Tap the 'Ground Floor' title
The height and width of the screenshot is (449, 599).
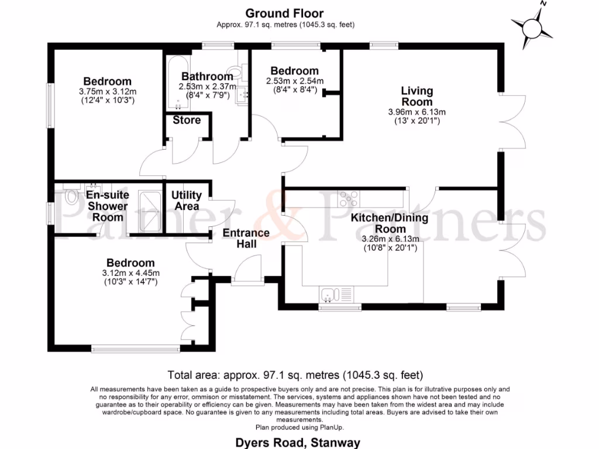click(x=284, y=13)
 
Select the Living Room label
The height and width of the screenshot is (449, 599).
click(x=416, y=96)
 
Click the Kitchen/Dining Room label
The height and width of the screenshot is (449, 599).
click(x=390, y=223)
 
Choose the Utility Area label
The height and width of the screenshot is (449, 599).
click(x=187, y=201)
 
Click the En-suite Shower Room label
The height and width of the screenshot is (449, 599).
click(x=108, y=206)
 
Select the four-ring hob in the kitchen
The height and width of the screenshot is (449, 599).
click(x=350, y=199)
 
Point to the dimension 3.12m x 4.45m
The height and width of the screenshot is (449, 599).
click(x=130, y=273)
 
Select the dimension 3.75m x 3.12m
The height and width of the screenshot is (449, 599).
click(x=107, y=92)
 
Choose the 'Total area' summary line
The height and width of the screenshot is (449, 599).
click(x=295, y=375)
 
